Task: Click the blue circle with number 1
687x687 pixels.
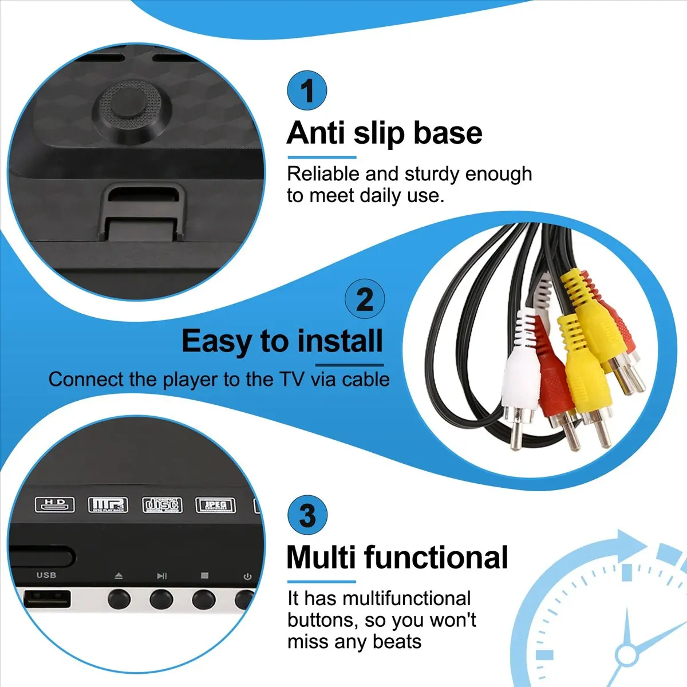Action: click(307, 91)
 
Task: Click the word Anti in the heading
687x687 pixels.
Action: click(315, 133)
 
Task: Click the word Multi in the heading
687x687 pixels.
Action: click(321, 557)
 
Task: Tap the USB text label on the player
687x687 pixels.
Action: click(46, 575)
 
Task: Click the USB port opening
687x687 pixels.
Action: click(48, 599)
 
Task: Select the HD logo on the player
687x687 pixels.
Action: click(55, 504)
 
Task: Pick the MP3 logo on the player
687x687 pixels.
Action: click(107, 504)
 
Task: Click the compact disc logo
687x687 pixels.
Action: click(162, 504)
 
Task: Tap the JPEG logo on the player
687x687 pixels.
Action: click(215, 505)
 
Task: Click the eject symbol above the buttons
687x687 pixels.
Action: click(119, 576)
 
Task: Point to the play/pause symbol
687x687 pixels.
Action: click(162, 576)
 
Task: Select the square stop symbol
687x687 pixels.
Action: click(204, 576)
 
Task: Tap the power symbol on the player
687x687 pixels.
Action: click(247, 577)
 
